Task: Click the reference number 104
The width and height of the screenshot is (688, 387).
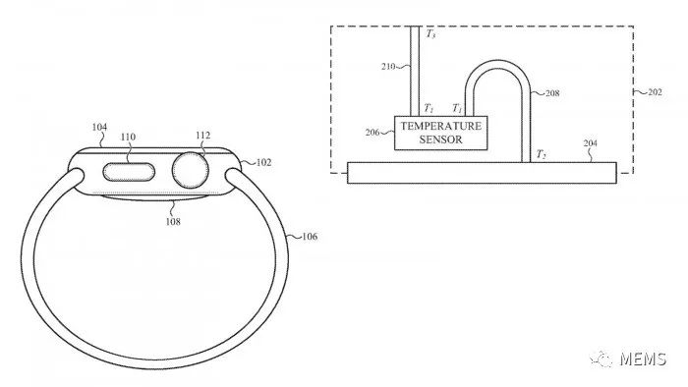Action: pos(99,127)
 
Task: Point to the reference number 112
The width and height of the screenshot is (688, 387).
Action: pos(202,136)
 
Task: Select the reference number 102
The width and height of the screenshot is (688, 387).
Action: pos(264,163)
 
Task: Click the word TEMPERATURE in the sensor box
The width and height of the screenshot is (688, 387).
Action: pos(439,127)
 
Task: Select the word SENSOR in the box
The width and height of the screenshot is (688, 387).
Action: pos(439,139)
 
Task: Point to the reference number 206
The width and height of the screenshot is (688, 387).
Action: pos(375,131)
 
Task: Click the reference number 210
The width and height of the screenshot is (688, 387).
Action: pos(389,69)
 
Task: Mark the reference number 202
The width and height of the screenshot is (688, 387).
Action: pos(653,92)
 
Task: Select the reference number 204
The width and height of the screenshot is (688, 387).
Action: pos(590,144)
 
